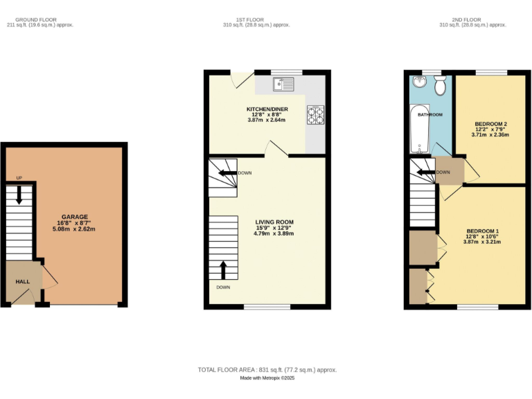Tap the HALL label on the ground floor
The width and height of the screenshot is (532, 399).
click(23, 282)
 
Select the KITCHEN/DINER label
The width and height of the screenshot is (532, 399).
click(267, 109)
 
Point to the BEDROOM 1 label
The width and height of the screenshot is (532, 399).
click(483, 231)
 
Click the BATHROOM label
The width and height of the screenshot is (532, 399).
click(429, 114)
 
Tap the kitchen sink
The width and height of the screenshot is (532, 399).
click(284, 85)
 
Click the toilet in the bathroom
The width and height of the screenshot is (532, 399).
click(439, 87)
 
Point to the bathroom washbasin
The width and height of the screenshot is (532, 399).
click(418, 82)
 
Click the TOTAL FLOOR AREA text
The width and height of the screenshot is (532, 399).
click(267, 370)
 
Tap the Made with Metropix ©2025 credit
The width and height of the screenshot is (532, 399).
click(267, 378)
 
